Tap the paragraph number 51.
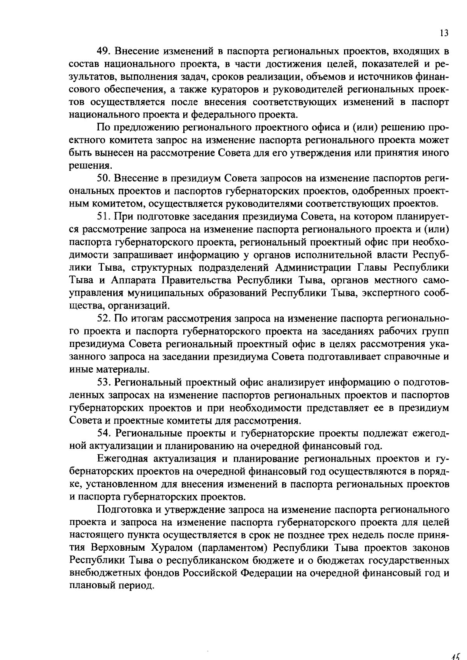coord(104,217)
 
